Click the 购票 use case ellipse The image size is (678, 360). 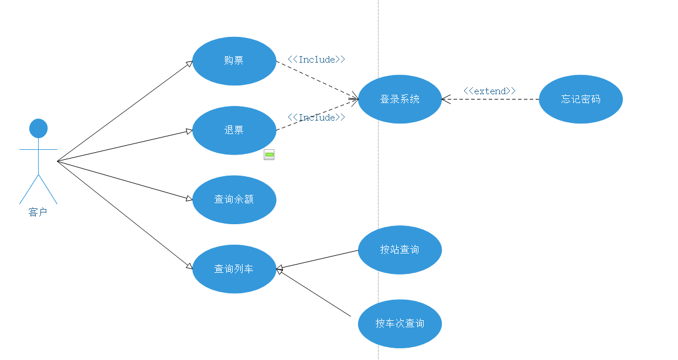click(234, 61)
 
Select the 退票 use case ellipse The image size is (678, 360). click(234, 130)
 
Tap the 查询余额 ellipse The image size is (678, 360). click(234, 200)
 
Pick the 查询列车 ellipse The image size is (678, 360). click(234, 269)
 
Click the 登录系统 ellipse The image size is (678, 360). click(400, 100)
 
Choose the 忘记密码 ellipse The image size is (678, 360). click(581, 100)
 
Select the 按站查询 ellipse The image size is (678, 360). click(400, 250)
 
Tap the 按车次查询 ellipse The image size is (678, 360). click(400, 324)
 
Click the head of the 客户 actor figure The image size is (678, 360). click(38, 128)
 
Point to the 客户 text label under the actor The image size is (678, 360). click(38, 212)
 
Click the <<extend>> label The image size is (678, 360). click(489, 91)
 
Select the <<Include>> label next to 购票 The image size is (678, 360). click(316, 59)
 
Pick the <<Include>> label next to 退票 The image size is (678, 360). click(316, 117)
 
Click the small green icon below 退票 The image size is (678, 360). click(269, 155)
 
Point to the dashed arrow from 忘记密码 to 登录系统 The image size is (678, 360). click(492, 100)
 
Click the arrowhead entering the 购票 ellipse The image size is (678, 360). click(189, 63)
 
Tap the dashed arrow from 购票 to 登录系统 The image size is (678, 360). click(316, 80)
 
